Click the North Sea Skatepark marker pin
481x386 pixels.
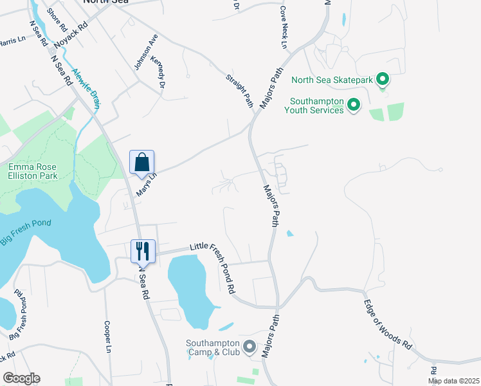tap(383, 80)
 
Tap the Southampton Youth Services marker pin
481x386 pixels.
tap(353, 104)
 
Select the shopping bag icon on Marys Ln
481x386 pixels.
tap(141, 163)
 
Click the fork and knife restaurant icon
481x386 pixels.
tap(143, 250)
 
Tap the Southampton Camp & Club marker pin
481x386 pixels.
tap(249, 346)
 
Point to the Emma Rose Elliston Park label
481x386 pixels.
tap(33, 171)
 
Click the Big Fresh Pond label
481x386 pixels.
tap(26, 228)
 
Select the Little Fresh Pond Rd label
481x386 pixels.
tap(213, 267)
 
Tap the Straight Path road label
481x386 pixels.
tap(239, 91)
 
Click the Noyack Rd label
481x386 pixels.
tap(70, 37)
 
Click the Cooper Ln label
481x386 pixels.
tap(108, 336)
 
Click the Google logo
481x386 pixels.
tap(21, 378)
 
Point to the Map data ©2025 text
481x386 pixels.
tap(453, 381)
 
